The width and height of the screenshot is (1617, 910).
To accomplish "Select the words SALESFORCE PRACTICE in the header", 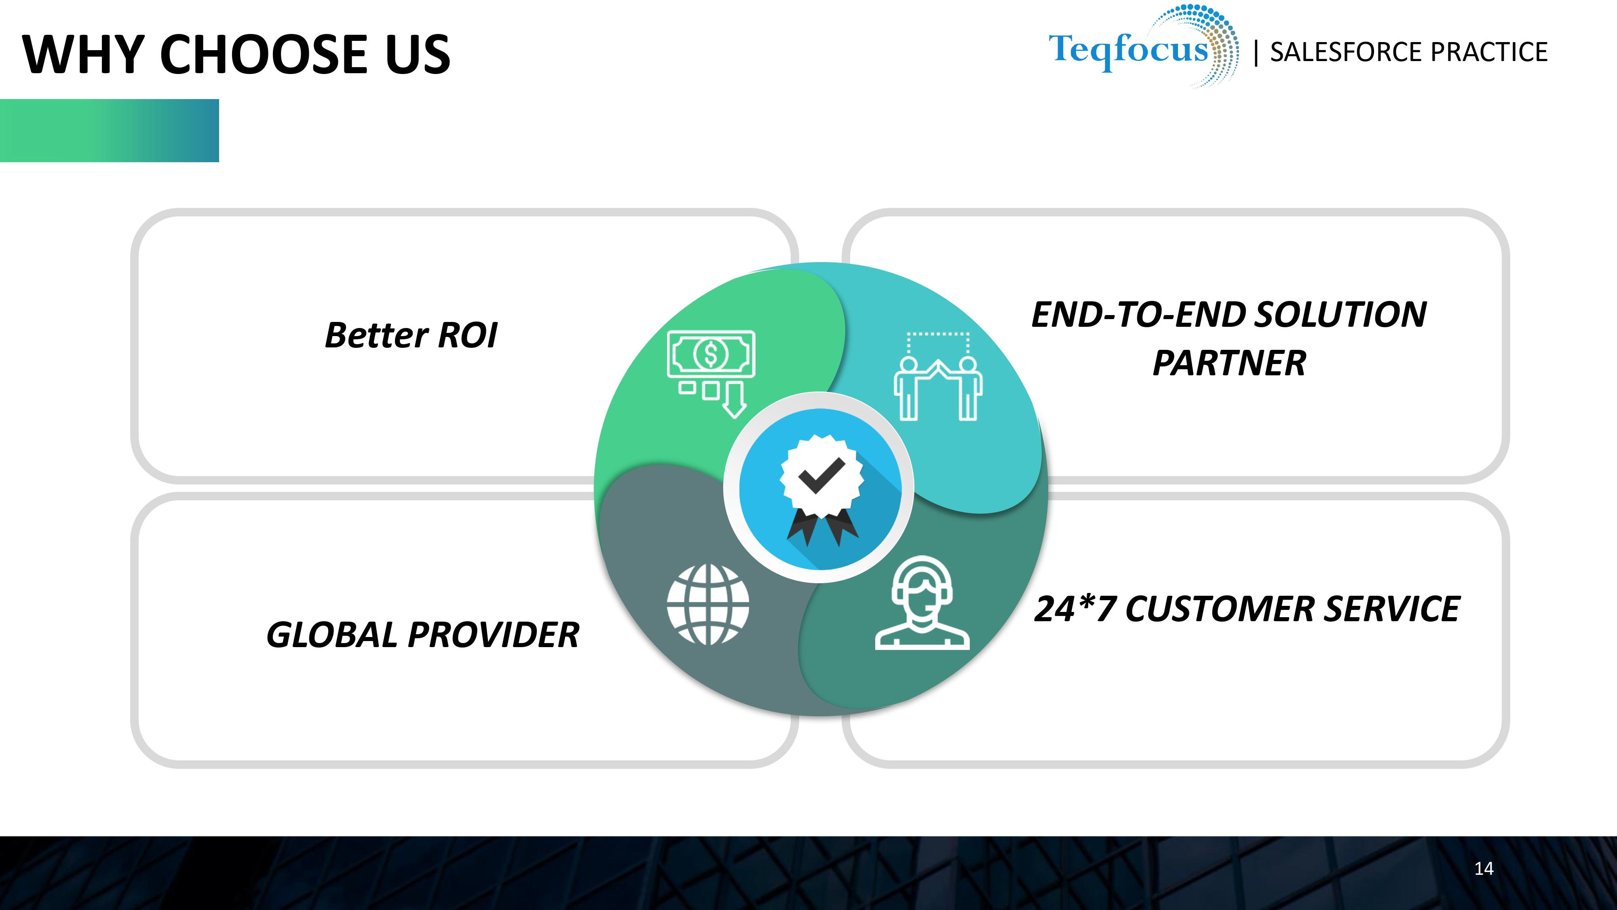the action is (1408, 52).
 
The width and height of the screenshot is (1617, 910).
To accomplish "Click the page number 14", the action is (1484, 869).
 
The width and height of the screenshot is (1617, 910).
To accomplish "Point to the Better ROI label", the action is (411, 335).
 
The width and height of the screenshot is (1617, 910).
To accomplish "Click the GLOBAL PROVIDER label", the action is (422, 634).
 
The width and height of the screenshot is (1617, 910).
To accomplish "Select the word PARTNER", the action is (1229, 363).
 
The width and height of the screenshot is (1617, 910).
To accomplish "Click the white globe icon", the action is (708, 605).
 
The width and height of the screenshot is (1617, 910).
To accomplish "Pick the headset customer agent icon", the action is (922, 603).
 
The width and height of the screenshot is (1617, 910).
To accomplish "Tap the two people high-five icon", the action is (938, 376).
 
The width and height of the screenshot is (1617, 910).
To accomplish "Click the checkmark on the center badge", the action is (822, 475).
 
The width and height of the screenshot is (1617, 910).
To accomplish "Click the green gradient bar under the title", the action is (109, 131).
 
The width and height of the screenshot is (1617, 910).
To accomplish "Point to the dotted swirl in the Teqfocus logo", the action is (1208, 44).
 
